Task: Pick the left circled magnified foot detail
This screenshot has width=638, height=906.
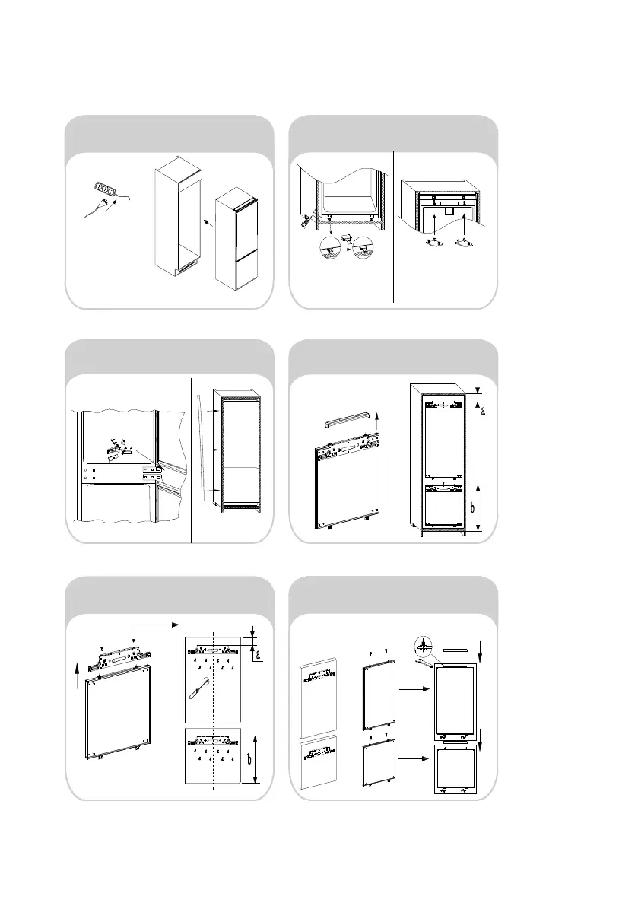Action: tap(330, 250)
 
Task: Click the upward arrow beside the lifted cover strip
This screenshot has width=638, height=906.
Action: tap(379, 417)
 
